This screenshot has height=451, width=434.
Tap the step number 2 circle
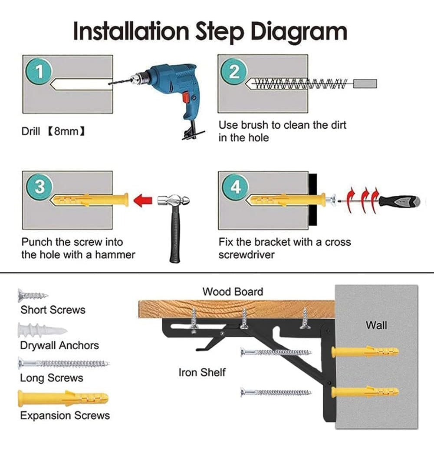click(234, 71)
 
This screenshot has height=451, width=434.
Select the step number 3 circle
click(39, 187)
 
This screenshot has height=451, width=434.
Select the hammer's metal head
click(173, 201)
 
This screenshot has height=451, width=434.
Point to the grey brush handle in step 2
click(365, 84)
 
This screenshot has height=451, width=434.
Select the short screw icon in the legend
click(33, 296)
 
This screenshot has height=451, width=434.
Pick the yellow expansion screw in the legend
click(62, 398)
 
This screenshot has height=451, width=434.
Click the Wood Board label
click(233, 291)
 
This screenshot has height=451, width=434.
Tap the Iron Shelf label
click(202, 372)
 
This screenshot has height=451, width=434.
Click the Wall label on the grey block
click(376, 325)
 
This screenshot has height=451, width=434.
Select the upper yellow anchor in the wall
click(365, 351)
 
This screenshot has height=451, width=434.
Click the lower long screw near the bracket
click(276, 392)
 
